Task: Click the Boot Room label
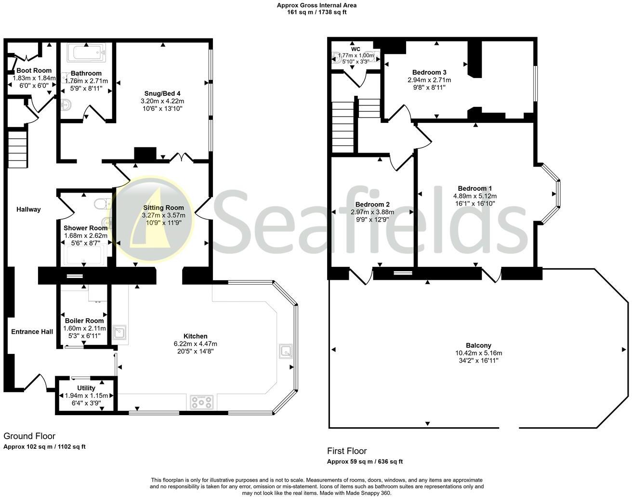point(34,70)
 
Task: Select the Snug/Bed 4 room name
point(162,93)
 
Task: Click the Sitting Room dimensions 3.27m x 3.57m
point(163,215)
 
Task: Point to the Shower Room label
point(85,228)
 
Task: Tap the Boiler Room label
point(84,321)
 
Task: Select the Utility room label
point(86,388)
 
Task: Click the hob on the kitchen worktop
point(201,401)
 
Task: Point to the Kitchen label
point(195,336)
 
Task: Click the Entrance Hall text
point(32,332)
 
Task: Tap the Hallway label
point(28,209)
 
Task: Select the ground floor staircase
point(17,150)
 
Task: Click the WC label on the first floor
point(355,49)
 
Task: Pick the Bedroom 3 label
point(429,72)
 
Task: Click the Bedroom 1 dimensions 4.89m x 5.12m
point(474,196)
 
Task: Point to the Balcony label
point(478,345)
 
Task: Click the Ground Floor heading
point(29,436)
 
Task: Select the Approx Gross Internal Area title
point(316,5)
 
